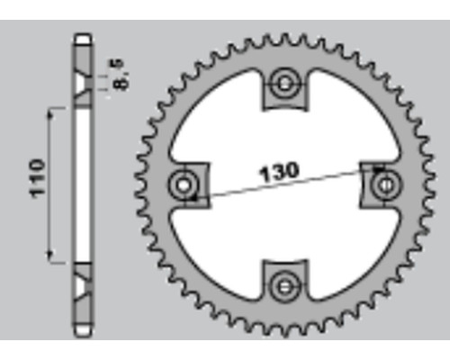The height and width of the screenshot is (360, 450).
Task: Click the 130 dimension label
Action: [x=279, y=173]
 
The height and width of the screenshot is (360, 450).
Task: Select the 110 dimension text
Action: [x=38, y=179]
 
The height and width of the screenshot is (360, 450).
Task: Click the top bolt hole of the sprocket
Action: [x=284, y=84]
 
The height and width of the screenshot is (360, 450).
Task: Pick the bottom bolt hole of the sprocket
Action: [x=284, y=287]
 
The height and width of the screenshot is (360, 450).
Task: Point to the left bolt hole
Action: [x=184, y=184]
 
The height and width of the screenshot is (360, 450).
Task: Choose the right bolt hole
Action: [x=386, y=184]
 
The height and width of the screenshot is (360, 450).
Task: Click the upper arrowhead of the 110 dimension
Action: [x=51, y=116]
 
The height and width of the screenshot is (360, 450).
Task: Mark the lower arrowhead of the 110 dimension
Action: [x=51, y=255]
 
